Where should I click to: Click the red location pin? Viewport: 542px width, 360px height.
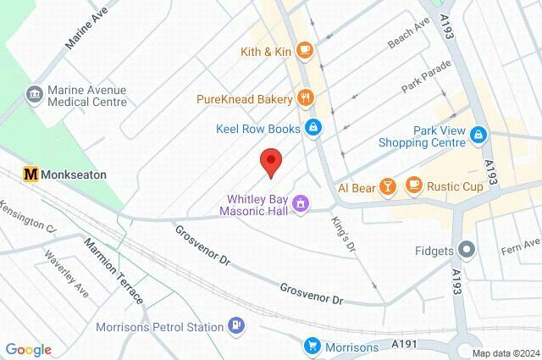270,162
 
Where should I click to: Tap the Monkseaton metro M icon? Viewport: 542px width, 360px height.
31,173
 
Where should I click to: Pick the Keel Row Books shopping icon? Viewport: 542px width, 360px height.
313,128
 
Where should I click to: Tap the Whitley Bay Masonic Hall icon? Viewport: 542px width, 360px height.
301,204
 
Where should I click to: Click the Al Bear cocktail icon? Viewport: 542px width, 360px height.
386,186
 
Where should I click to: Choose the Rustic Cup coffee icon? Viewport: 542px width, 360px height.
413,185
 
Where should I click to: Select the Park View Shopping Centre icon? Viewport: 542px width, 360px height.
478,135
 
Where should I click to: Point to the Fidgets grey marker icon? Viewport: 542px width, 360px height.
465,250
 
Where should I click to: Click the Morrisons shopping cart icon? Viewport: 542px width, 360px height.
312,346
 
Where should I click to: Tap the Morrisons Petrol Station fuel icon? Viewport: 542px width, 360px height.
238,326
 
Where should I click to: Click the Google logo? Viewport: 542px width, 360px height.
28,350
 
